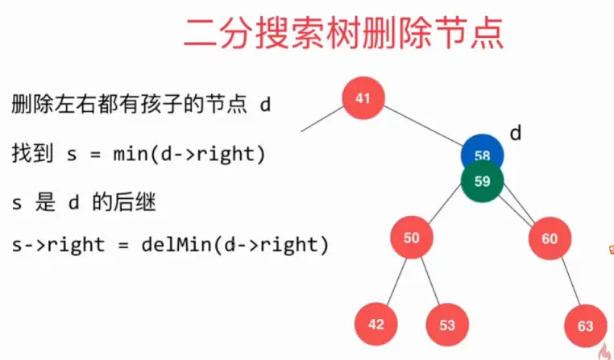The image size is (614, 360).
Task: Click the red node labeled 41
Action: pos(363,99)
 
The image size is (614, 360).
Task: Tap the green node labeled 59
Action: pos(482,181)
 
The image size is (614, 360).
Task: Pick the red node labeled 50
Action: pos(412,238)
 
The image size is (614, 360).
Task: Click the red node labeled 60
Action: pos(550,238)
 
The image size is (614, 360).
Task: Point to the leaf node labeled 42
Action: pos(376,325)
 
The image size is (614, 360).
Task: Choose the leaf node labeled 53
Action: pos(447,325)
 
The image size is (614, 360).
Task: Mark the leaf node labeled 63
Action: pos(585,326)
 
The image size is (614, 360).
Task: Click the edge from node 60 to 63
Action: pos(567,282)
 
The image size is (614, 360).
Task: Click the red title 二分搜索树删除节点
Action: pos(343,33)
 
